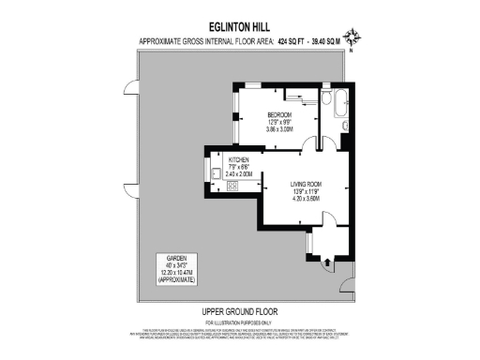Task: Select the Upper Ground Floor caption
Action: coord(239,311)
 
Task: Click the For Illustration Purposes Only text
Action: coord(239,322)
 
